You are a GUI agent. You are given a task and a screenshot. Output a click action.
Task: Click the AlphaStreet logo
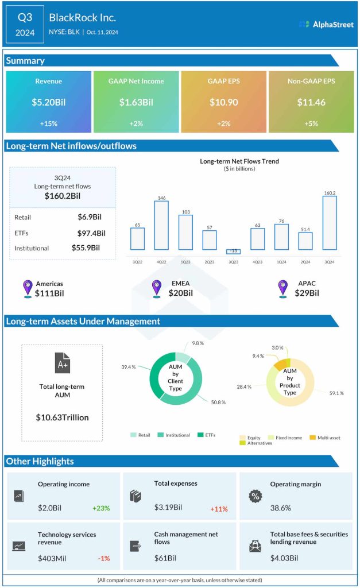click(326, 24)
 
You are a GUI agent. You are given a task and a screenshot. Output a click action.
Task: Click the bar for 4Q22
click(161, 225)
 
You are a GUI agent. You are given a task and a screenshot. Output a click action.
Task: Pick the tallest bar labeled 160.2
click(329, 223)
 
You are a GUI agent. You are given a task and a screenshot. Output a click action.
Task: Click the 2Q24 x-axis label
click(305, 261)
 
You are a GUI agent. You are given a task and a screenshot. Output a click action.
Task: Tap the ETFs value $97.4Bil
click(92, 233)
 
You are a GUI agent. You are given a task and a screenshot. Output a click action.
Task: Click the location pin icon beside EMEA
click(156, 288)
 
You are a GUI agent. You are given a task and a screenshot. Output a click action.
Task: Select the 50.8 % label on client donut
click(218, 403)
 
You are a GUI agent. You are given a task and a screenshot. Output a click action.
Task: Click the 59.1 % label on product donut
click(337, 393)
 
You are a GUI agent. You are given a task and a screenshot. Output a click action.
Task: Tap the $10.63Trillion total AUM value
click(62, 417)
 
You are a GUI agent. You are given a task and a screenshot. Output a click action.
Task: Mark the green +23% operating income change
click(101, 508)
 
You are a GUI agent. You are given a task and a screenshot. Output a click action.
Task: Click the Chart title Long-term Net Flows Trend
click(239, 161)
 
